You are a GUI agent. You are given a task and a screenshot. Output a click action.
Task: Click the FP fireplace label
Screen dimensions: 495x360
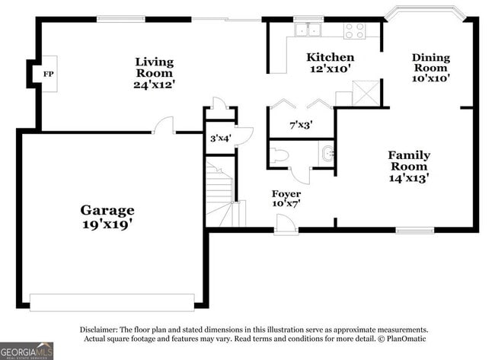[x=48, y=74]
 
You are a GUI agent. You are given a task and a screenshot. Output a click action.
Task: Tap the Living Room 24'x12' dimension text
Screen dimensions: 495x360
[x=154, y=85]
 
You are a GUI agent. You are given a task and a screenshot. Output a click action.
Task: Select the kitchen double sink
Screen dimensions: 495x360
[x=308, y=30]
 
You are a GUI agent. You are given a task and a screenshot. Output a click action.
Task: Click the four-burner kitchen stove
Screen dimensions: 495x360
[x=355, y=31]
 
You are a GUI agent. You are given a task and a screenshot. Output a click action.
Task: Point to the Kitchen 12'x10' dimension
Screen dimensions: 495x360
[x=331, y=68]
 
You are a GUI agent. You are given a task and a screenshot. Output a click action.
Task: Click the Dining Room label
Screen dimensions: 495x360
[x=431, y=62]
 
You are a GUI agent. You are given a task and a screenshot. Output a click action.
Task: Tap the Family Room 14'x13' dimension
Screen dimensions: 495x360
[x=409, y=178]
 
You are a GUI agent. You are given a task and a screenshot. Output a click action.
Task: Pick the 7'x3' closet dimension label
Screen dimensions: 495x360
[x=301, y=126]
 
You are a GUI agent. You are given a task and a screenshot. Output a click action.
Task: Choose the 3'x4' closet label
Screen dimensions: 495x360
[x=221, y=138]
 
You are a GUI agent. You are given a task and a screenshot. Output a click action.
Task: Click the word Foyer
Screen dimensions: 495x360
[x=286, y=193]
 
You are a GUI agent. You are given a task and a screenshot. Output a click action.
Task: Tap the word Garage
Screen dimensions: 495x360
[x=107, y=210]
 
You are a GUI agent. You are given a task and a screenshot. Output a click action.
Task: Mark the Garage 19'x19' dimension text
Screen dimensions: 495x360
[x=107, y=225]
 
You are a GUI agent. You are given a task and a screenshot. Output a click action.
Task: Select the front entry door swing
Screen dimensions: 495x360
[x=285, y=225]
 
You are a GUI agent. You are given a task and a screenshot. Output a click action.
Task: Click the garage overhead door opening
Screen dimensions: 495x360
[x=112, y=303]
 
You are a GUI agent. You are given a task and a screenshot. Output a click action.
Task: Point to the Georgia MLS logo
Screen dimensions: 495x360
[x=27, y=351]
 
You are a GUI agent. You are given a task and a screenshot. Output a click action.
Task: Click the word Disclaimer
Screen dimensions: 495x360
[x=99, y=330]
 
